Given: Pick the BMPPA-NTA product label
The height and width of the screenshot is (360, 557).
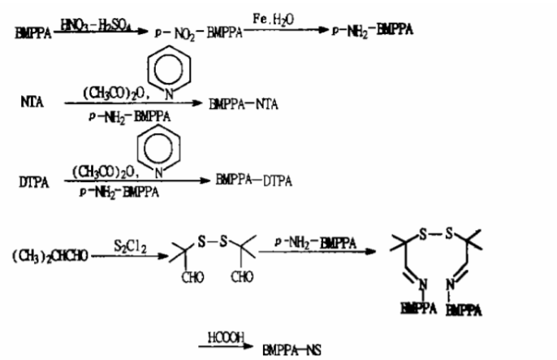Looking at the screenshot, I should click(x=244, y=106).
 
